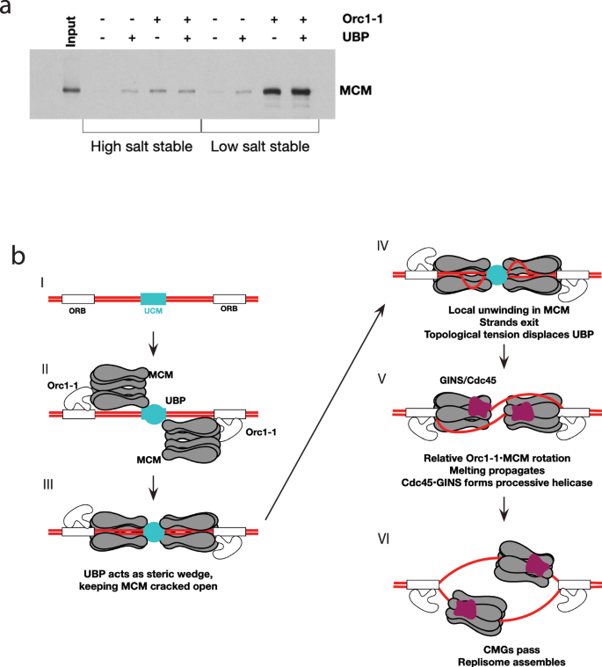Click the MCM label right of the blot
tap(359, 90)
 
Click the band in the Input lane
tap(72, 90)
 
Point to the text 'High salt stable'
tap(141, 146)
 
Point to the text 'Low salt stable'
tap(260, 146)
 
